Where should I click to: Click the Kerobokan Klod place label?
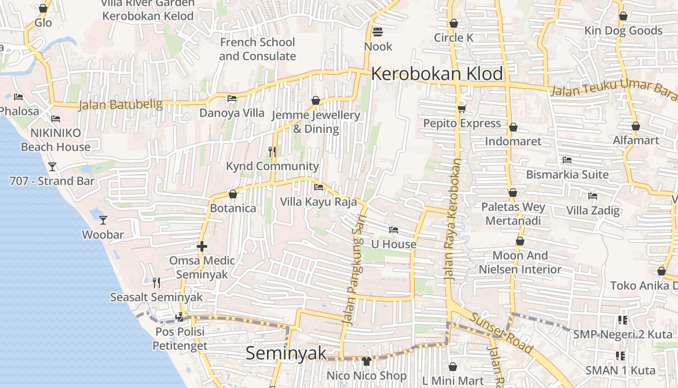pos(437,74)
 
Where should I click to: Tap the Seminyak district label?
pos(286,353)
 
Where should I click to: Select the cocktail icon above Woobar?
pos(103,220)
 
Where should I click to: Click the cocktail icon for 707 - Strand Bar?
pos(52,167)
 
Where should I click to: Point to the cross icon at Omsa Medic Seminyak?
pos(202,246)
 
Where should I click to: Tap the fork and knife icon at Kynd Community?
pos(272,152)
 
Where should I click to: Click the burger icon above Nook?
pos(378,32)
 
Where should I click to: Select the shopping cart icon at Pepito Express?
pos(462,109)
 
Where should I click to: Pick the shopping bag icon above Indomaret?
pos(513,128)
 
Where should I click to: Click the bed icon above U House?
pos(394,229)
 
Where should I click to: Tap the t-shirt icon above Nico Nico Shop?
pos(366,361)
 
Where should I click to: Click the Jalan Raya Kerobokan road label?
pos(452,220)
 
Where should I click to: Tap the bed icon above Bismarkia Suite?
pos(567,160)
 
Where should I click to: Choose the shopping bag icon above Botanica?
pos(233,194)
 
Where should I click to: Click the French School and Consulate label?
pos(257,49)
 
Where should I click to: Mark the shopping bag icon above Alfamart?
pos(636,127)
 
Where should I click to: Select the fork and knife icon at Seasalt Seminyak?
pos(156,282)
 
